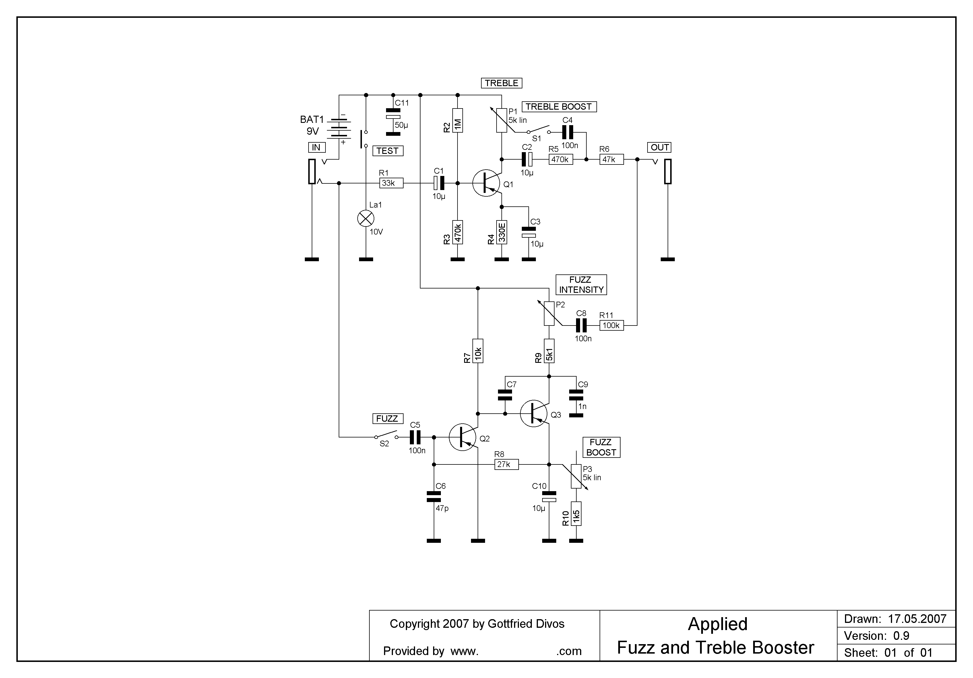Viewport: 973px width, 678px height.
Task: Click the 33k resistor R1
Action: [391, 183]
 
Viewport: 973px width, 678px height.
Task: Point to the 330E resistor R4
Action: [502, 232]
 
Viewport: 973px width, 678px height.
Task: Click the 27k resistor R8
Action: [506, 464]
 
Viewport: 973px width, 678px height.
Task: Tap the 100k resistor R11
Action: [612, 326]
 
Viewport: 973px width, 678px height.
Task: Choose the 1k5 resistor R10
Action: [576, 514]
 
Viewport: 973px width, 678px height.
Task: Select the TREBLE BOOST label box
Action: [559, 107]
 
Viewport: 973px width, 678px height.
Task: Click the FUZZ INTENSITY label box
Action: [581, 285]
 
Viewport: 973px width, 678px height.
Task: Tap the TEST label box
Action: [388, 151]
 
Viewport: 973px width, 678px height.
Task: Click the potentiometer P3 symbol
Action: [576, 476]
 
